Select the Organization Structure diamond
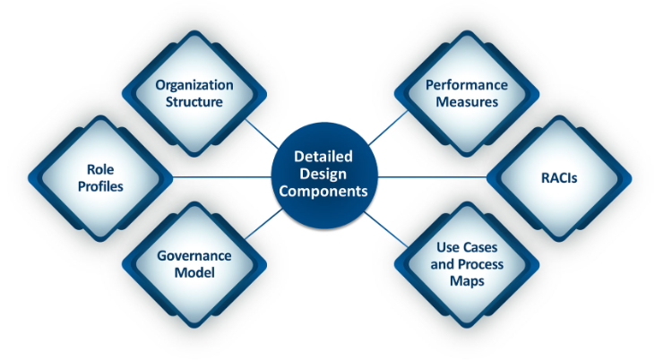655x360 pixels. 194,94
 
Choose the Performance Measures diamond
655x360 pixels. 466,94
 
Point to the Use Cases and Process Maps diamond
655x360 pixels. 466,264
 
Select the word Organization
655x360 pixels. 194,85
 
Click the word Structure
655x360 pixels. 194,102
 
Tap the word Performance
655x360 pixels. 466,85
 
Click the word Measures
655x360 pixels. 466,102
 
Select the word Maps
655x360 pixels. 466,281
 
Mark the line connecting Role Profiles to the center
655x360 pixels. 224,177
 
